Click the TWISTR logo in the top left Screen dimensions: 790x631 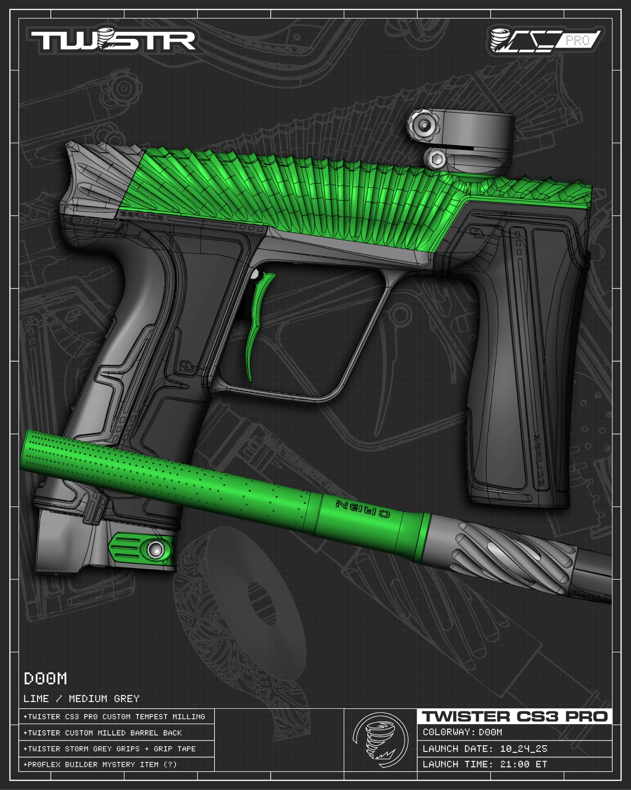[x=113, y=41]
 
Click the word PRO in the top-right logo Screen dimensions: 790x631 [x=577, y=41]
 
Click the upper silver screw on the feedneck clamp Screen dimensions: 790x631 [x=424, y=125]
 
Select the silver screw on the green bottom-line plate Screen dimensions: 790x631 [x=155, y=550]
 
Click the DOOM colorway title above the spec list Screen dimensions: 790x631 [x=45, y=679]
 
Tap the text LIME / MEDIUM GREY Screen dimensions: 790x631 [x=81, y=699]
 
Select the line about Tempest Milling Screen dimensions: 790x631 [x=114, y=717]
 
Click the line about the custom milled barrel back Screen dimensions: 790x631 [x=103, y=733]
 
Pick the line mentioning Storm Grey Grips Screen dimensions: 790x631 [x=110, y=748]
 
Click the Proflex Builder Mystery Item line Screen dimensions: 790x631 [x=100, y=764]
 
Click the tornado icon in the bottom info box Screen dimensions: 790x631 [x=380, y=741]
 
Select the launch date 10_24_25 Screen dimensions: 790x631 [x=523, y=748]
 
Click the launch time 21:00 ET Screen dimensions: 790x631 [x=523, y=764]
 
